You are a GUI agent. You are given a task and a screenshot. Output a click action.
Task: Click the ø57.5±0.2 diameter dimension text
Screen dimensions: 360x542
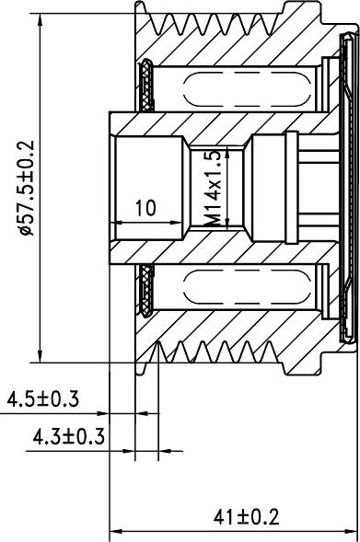tap(26, 188)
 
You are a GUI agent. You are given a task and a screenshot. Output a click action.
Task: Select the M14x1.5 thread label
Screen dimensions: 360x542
tap(213, 189)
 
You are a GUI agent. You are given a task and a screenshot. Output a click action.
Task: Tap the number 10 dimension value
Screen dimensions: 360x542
tap(145, 208)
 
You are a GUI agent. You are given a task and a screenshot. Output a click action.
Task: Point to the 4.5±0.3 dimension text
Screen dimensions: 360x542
tap(43, 398)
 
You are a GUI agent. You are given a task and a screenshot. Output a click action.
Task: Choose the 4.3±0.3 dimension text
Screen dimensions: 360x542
tap(68, 436)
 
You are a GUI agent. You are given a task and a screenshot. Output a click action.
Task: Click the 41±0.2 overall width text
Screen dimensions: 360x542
tap(246, 517)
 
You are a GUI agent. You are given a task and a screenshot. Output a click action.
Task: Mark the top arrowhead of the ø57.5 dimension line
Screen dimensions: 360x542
tap(41, 21)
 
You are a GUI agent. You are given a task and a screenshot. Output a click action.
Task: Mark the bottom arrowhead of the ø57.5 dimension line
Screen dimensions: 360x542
tap(41, 355)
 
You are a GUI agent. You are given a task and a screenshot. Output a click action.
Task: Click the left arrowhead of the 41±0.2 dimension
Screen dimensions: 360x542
tap(117, 531)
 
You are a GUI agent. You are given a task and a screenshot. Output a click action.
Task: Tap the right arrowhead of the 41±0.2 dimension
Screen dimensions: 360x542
tap(349, 531)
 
